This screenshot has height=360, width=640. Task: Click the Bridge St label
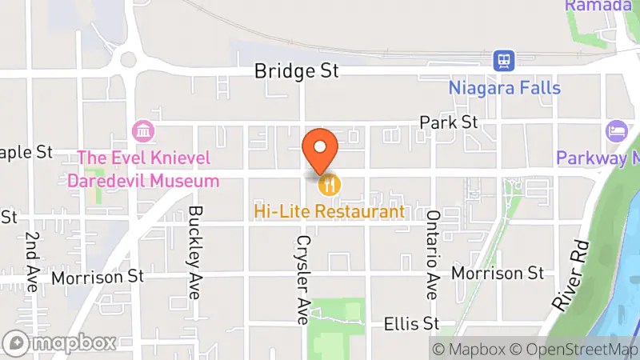(296, 71)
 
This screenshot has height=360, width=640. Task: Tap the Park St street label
(449, 122)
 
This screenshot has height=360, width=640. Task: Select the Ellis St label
(412, 324)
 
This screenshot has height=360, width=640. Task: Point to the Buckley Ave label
(194, 252)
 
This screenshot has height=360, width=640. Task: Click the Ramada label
(598, 6)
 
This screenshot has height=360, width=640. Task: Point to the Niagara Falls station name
(504, 87)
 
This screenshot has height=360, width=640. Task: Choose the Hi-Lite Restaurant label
(330, 212)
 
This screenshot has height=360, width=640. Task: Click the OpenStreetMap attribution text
(574, 349)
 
